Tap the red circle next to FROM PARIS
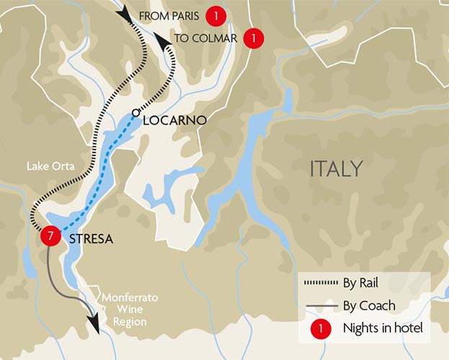(213, 15)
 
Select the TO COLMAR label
(205, 39)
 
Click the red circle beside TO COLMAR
(252, 38)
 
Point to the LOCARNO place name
(175, 120)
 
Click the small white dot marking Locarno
(135, 112)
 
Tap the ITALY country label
(335, 169)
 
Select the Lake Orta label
(48, 166)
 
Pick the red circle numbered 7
(49, 236)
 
